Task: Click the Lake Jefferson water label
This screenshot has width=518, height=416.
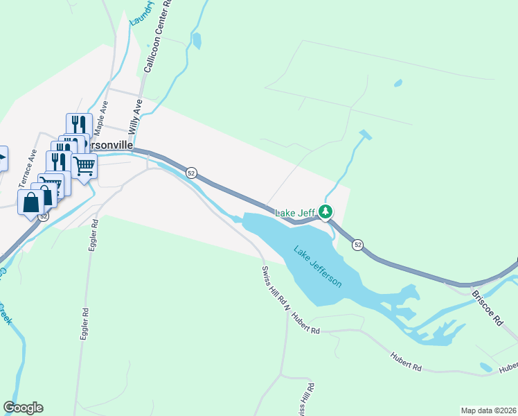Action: point(318,268)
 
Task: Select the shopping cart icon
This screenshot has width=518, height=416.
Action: point(84,166)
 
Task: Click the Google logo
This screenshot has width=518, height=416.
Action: point(23,408)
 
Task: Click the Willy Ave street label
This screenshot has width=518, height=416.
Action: point(135,116)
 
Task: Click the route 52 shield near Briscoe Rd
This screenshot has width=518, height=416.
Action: point(357,244)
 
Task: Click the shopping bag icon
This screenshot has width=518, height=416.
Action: point(30,202)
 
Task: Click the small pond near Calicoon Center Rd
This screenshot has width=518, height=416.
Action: point(197,41)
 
